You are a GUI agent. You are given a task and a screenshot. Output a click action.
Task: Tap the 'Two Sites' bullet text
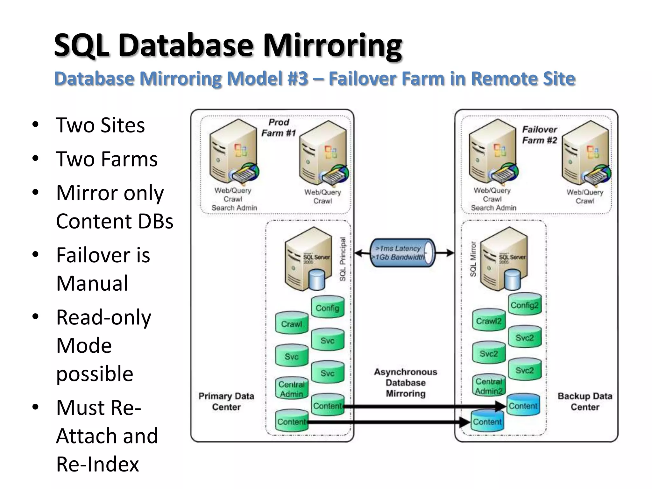coord(100,125)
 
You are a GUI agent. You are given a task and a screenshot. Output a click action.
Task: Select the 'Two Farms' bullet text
coord(106,159)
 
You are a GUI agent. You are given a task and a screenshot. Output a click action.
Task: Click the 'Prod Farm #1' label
coord(279,127)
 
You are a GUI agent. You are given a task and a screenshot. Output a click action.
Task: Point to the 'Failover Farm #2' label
coord(539,135)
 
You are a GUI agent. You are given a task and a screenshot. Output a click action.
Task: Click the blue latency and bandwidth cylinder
coord(402,253)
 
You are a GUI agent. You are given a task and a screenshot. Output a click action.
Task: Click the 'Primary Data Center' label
coord(226,401)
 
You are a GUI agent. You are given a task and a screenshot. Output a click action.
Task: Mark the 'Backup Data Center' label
coord(585,401)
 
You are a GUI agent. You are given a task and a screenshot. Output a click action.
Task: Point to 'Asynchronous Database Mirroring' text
coord(406,383)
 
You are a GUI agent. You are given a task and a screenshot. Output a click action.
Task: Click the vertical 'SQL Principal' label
coord(343,259)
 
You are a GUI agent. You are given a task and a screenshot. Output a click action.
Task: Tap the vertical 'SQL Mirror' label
coord(473,259)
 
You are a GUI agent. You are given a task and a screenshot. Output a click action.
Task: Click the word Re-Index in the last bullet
coord(97,464)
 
